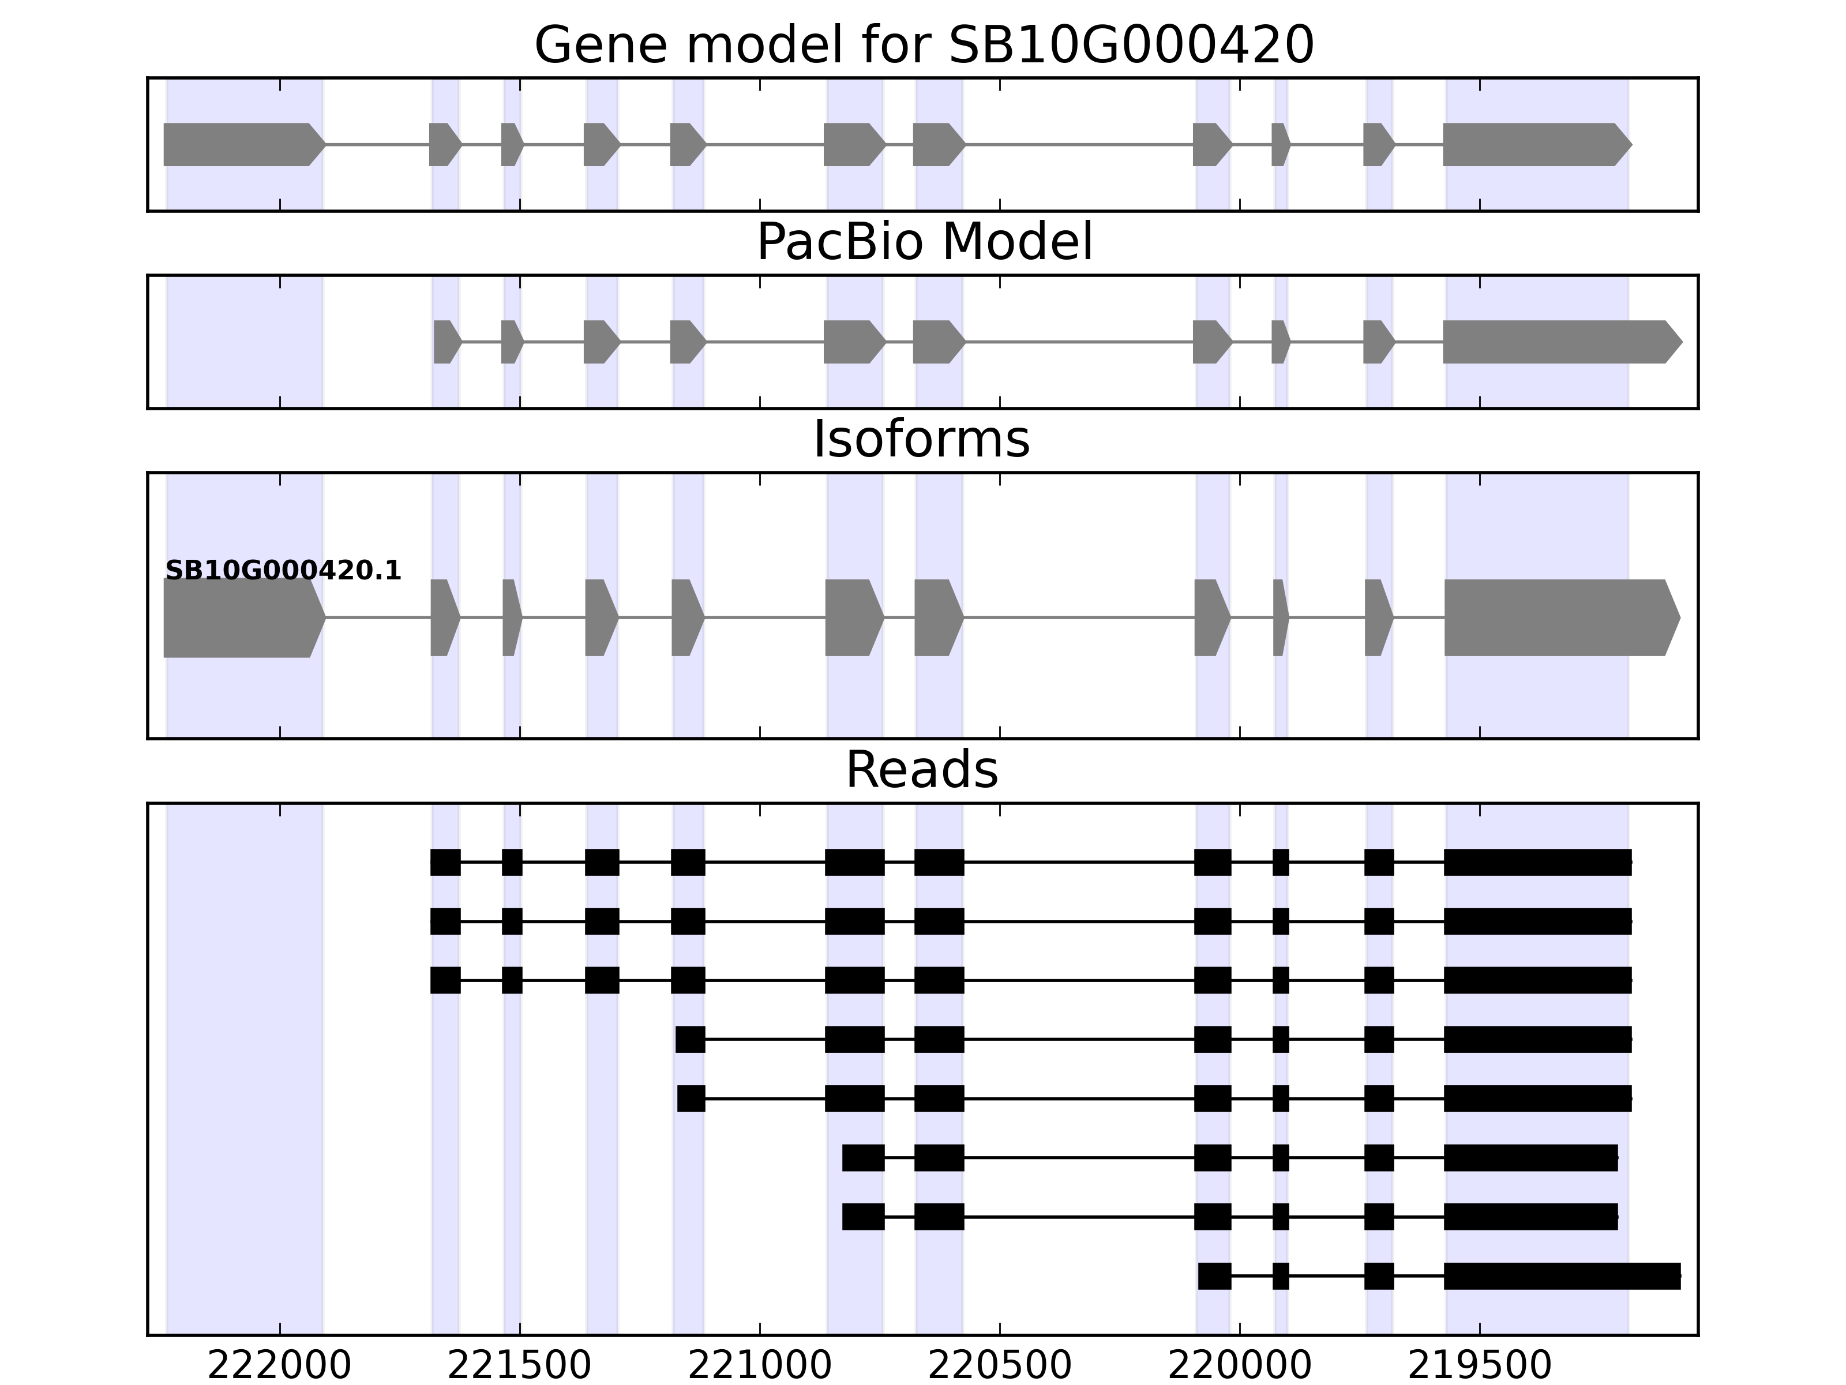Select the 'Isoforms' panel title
tap(921, 440)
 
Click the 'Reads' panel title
tap(921, 770)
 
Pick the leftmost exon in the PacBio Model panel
tap(447, 342)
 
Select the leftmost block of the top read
tap(446, 862)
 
